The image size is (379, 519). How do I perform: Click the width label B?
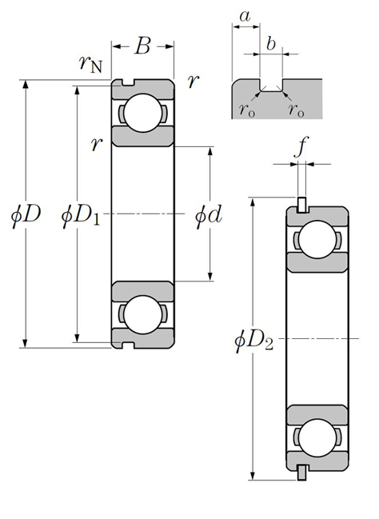[x=142, y=46]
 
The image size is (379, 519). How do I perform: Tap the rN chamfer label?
[x=90, y=63]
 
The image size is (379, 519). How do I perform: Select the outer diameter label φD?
[x=26, y=214]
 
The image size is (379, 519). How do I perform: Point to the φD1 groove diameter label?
[x=81, y=215]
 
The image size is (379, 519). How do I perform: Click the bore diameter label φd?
[x=208, y=215]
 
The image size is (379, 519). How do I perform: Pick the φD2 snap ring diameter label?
[x=254, y=340]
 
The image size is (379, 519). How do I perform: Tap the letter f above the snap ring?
[x=300, y=147]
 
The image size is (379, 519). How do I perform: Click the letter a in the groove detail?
[x=245, y=16]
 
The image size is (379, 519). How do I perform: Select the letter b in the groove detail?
[x=271, y=43]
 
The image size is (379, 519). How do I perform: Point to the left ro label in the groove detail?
[x=247, y=110]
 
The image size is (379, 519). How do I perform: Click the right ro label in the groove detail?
[x=296, y=110]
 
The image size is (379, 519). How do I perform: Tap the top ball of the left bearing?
[x=142, y=113]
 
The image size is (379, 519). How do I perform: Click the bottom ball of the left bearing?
[x=142, y=315]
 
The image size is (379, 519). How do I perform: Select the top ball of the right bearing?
[x=317, y=239]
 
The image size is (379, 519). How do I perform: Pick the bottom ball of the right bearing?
[x=317, y=437]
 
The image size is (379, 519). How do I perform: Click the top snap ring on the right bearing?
[x=301, y=205]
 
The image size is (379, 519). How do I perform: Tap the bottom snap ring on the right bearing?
[x=301, y=473]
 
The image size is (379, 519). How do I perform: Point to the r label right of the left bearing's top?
[x=193, y=81]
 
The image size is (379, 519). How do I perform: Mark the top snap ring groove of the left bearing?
[x=128, y=82]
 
